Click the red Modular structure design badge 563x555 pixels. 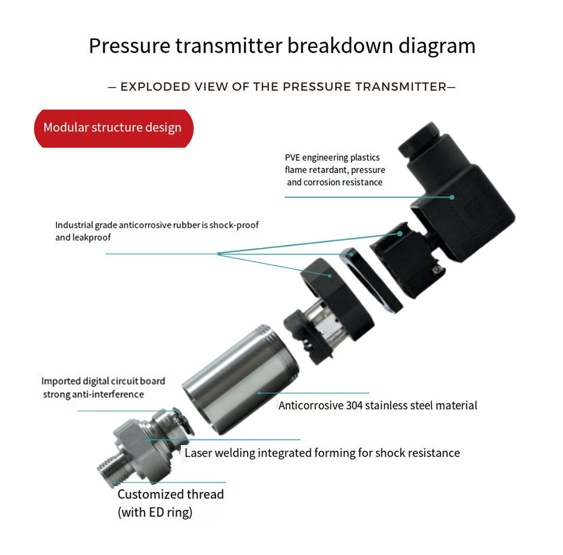(114, 128)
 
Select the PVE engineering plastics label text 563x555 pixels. (335, 170)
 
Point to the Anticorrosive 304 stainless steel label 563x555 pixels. (378, 405)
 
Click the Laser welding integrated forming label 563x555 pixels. (322, 453)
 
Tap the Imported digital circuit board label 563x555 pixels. (103, 387)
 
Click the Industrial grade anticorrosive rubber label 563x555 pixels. (157, 231)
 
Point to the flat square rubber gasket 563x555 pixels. (372, 280)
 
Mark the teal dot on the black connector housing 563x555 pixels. (451, 197)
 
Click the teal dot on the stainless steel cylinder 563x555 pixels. (259, 393)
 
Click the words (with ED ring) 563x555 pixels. (155, 512)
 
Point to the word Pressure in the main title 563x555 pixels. (129, 46)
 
